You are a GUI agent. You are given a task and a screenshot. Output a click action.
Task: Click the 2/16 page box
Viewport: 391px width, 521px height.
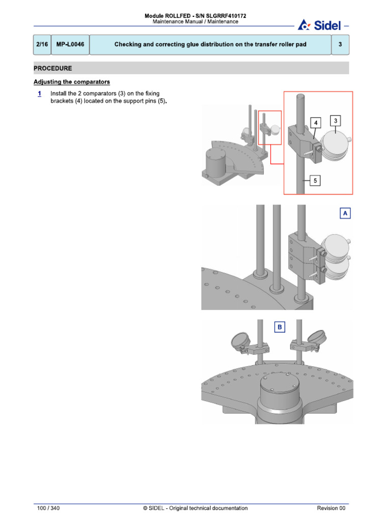(x=42, y=45)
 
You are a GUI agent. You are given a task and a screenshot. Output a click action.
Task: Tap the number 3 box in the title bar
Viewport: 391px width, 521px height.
(x=340, y=45)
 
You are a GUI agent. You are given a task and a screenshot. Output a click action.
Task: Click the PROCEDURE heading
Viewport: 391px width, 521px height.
(x=53, y=68)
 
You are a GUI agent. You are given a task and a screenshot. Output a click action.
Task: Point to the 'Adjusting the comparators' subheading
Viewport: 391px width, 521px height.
(x=72, y=82)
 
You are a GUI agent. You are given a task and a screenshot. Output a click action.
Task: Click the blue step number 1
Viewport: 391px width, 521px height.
(x=40, y=94)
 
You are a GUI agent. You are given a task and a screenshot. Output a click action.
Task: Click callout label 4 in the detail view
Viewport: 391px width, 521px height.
(x=316, y=123)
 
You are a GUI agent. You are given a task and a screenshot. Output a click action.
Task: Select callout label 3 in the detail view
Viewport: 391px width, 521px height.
(x=336, y=121)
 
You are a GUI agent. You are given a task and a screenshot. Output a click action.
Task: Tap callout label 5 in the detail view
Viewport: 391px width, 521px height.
(x=315, y=180)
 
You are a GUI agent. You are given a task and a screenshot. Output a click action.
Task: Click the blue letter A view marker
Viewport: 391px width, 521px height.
(x=345, y=214)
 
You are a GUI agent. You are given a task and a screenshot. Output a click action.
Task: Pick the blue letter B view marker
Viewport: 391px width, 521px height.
(x=279, y=327)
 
